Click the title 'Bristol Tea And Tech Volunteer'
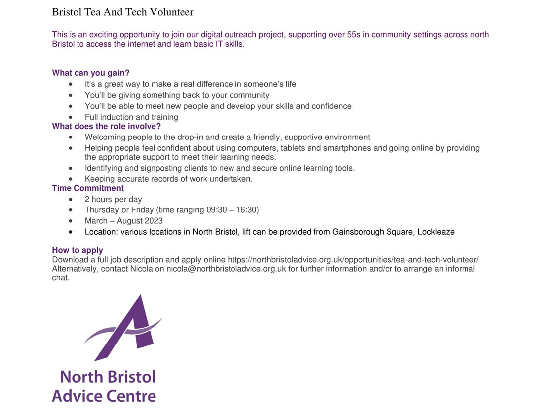(x=123, y=12)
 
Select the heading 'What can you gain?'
(x=90, y=73)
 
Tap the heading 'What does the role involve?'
(x=106, y=126)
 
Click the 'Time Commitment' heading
(x=88, y=188)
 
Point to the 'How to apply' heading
(x=78, y=250)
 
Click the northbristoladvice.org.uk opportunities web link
(x=353, y=260)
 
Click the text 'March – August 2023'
(x=124, y=221)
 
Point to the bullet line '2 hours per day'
(x=113, y=199)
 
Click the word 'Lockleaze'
(x=436, y=232)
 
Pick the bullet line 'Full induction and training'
(x=131, y=117)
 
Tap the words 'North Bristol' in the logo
(x=107, y=377)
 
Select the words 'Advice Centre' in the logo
(x=104, y=396)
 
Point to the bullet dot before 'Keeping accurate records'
(x=71, y=179)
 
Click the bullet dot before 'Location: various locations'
(x=71, y=232)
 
